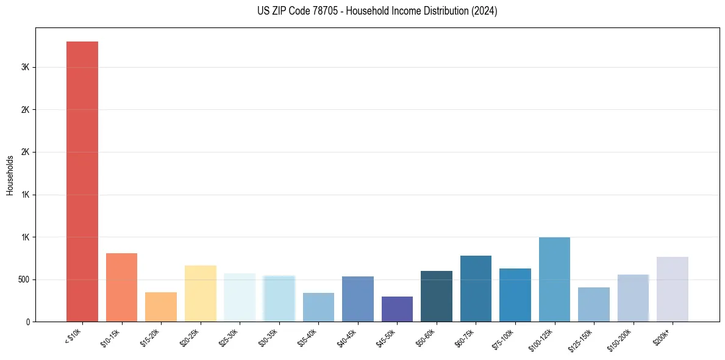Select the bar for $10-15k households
pyautogui.click(x=121, y=287)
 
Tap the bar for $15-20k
pyautogui.click(x=161, y=307)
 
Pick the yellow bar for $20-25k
pyautogui.click(x=200, y=293)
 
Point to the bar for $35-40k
pyautogui.click(x=318, y=308)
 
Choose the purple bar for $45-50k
pyautogui.click(x=397, y=309)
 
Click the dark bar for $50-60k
pyautogui.click(x=437, y=297)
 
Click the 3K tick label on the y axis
pyautogui.click(x=26, y=67)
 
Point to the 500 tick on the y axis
pyautogui.click(x=23, y=279)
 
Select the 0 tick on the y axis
pyautogui.click(x=28, y=322)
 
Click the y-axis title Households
pyautogui.click(x=10, y=175)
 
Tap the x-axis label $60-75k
pyautogui.click(x=464, y=337)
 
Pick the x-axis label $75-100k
pyautogui.click(x=502, y=338)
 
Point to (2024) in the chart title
pyautogui.click(x=485, y=11)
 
